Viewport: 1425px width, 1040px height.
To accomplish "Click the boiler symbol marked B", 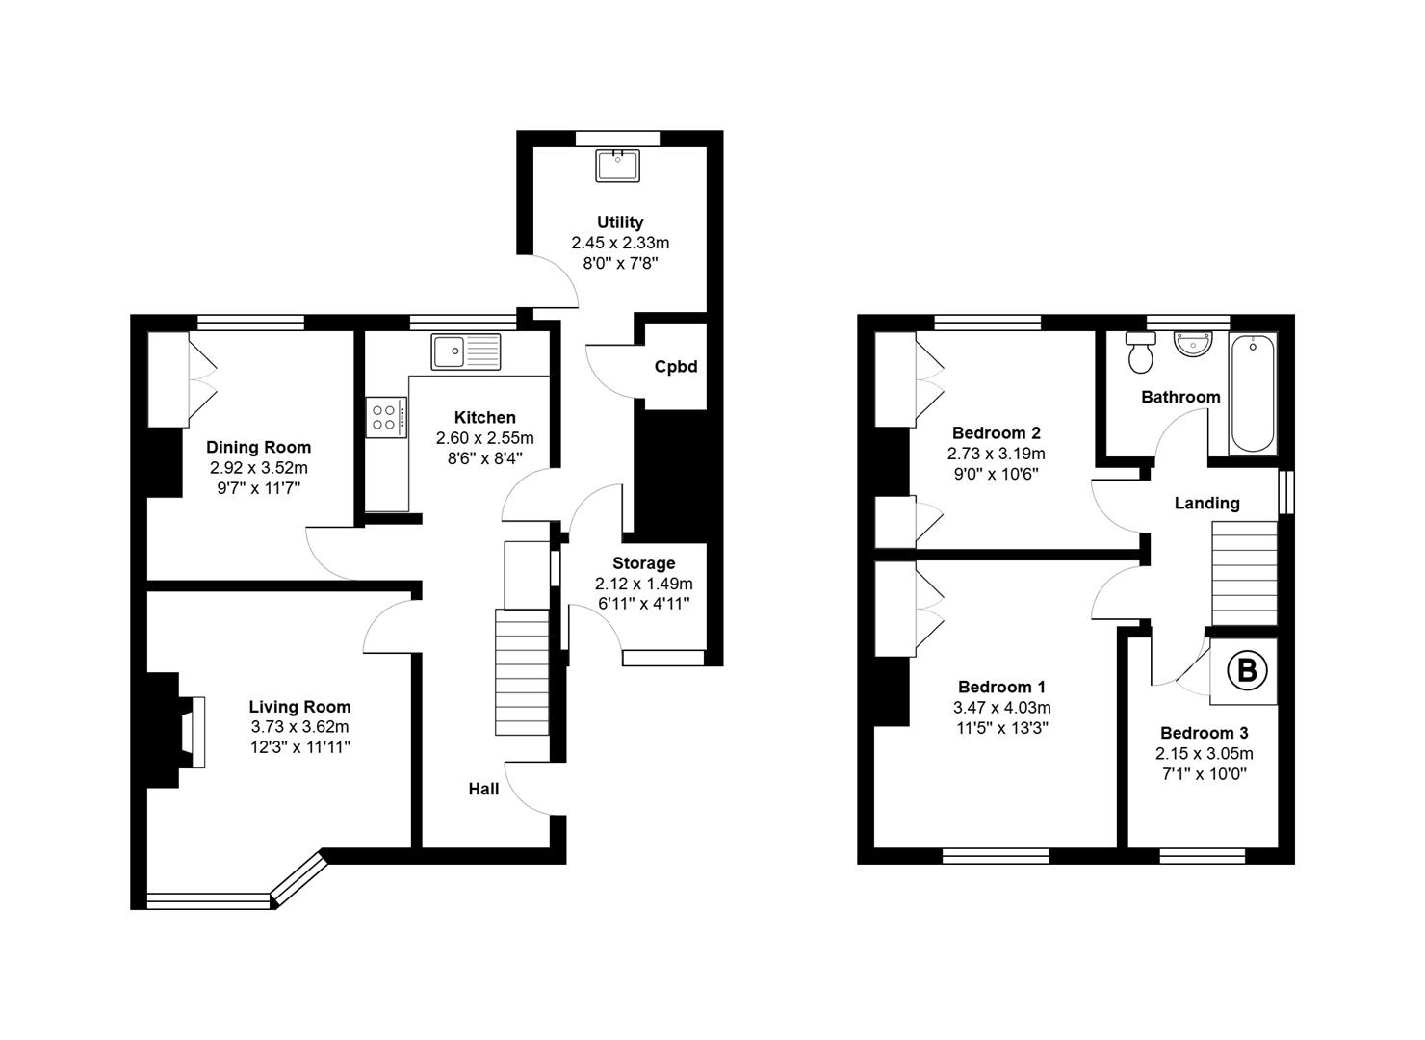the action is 1246,670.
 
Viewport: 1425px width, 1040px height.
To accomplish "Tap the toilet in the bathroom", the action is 1140,351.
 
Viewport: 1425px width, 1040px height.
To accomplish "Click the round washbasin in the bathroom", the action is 1194,344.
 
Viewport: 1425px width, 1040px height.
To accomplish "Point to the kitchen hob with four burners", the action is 385,417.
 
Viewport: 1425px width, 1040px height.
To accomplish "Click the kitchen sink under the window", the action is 466,351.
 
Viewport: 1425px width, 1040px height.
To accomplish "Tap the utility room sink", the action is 617,166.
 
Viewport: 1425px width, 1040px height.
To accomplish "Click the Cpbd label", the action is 676,366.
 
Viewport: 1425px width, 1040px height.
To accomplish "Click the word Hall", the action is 483,790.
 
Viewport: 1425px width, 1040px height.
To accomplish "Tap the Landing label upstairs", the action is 1206,504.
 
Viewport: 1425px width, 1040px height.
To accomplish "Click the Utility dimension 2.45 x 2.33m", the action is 620,243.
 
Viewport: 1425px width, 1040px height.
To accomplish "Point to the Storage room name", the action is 644,563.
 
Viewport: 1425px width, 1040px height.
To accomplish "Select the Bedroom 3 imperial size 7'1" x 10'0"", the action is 1205,774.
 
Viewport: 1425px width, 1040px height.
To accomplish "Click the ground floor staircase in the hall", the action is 522,672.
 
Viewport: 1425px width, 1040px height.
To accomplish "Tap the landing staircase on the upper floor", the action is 1244,573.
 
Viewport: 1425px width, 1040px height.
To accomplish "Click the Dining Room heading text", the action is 258,447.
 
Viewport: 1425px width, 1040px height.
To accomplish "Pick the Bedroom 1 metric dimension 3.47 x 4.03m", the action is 1002,708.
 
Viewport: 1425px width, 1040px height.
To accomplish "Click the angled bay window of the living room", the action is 299,881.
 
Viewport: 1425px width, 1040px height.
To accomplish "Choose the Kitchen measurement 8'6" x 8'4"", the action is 484,458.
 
